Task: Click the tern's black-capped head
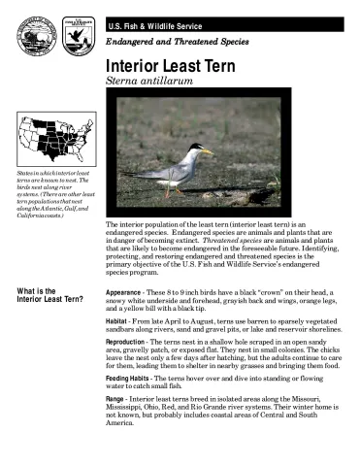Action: [196, 150]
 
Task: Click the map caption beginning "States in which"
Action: [47, 192]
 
